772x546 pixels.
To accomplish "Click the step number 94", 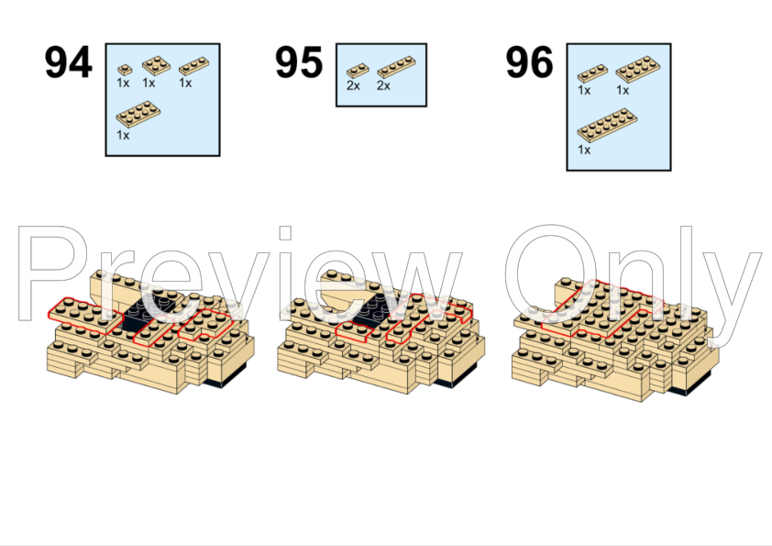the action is click(68, 62).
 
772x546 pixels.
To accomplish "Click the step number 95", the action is click(298, 62).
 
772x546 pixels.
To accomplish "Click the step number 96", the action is click(529, 62).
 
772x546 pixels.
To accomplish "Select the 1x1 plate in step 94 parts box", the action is click(125, 70).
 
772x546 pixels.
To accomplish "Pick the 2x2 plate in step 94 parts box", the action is click(157, 65).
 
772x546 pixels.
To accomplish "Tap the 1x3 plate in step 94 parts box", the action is click(193, 66).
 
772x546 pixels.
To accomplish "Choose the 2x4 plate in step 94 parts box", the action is click(138, 115).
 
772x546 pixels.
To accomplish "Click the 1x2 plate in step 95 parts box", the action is click(358, 71).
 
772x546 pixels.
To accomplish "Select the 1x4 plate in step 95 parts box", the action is click(396, 68).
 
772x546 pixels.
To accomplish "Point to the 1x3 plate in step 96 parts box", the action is click(592, 73).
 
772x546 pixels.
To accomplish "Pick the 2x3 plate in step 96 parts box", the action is click(637, 69).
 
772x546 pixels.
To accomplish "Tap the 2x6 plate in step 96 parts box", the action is click(607, 126).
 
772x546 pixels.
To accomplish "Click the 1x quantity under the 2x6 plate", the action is click(584, 150).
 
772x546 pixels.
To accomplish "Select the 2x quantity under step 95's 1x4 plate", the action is click(383, 85).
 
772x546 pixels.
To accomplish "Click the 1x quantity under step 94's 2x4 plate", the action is click(123, 135).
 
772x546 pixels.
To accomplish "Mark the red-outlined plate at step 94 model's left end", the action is click(84, 316).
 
